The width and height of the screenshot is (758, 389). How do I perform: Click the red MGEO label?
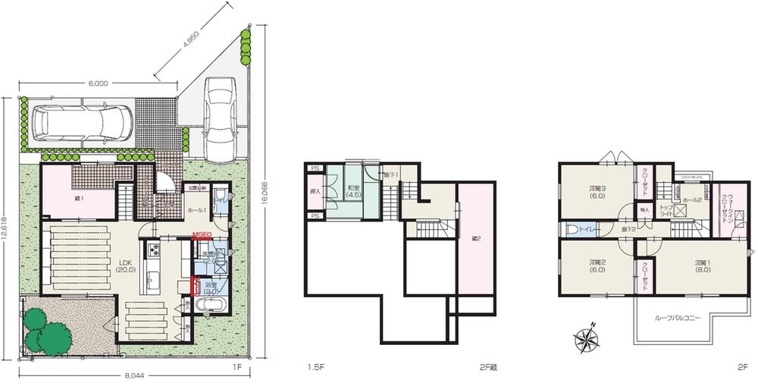tap(201, 235)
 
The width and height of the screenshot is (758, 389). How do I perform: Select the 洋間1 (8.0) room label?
tap(703, 266)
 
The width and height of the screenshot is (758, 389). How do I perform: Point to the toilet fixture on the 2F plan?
tap(573, 227)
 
